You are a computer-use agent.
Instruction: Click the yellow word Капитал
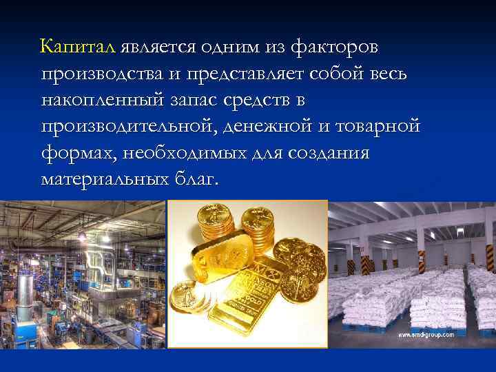(79, 48)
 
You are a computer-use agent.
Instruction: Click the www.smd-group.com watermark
(426, 335)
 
